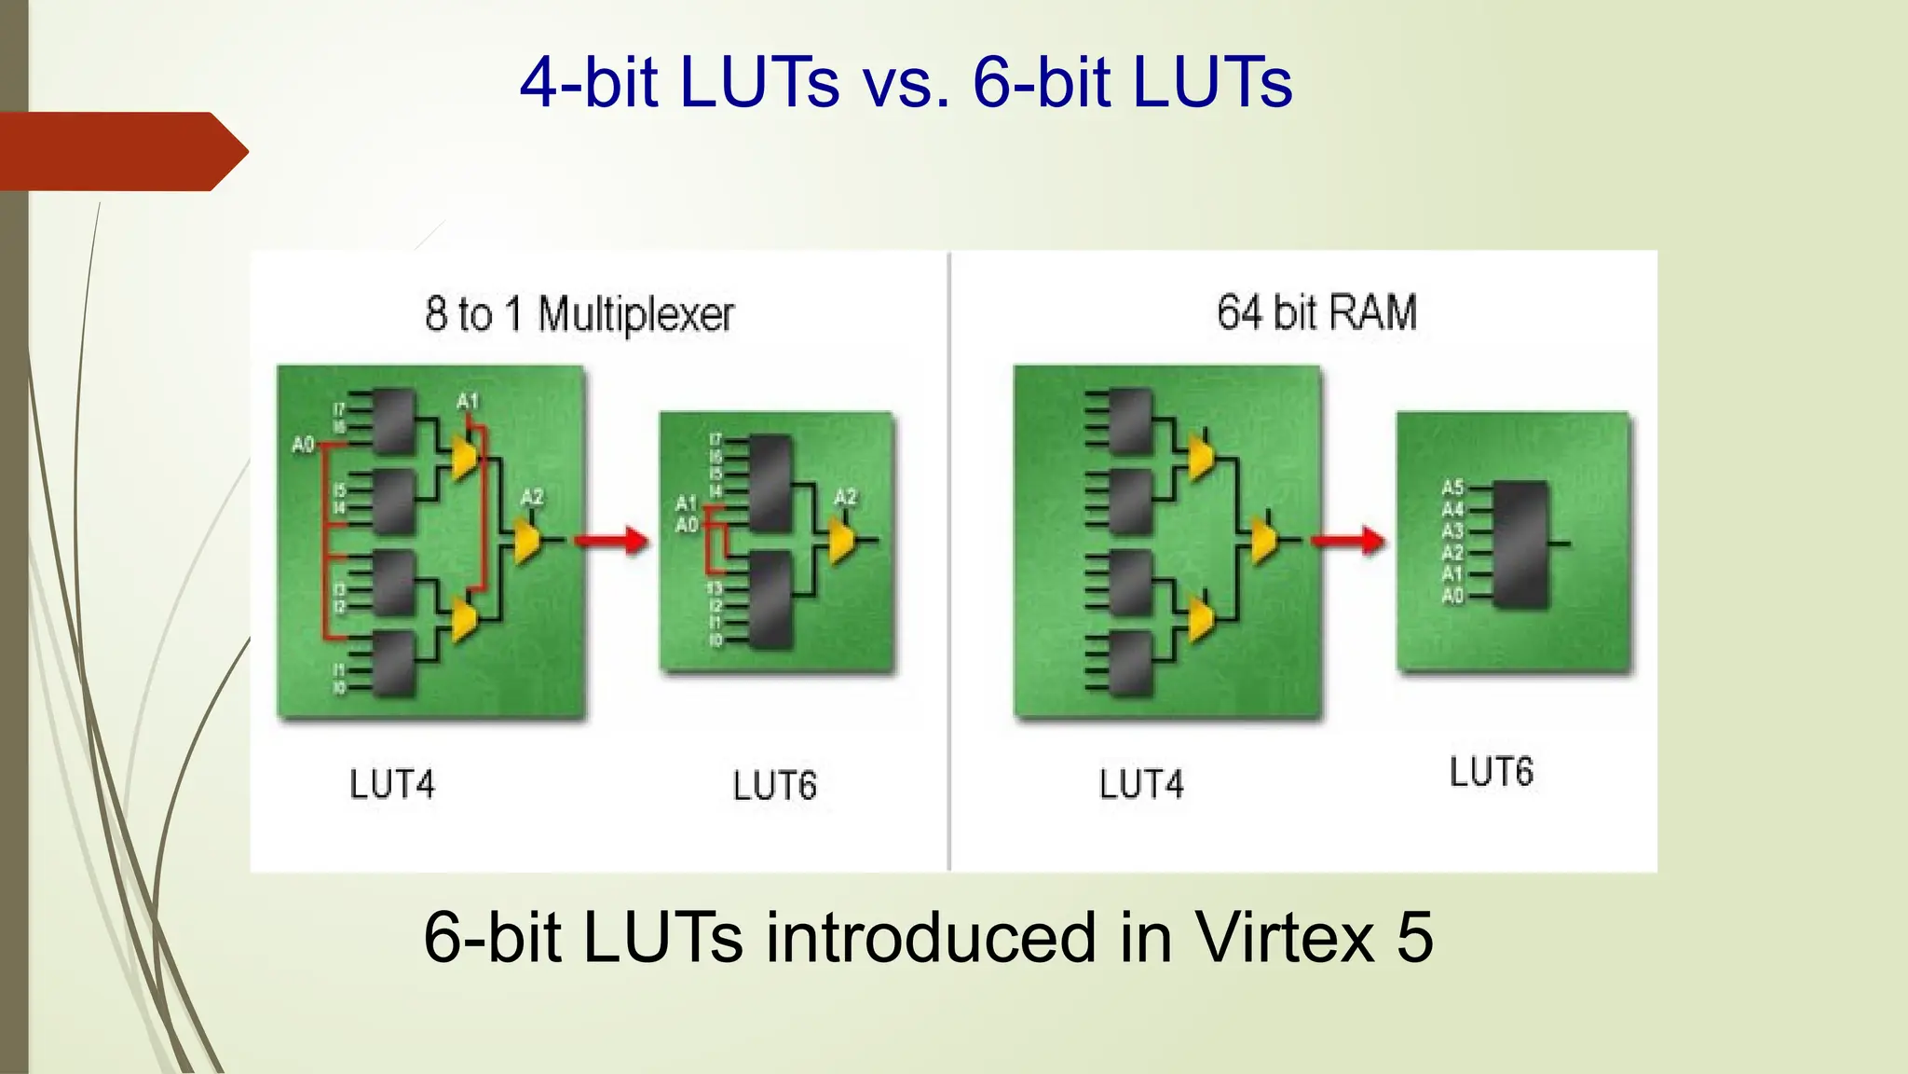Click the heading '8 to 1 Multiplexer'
pos(579,314)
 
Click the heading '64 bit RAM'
pos(1316,312)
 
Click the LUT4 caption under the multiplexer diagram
pos(392,785)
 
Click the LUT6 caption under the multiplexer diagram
pos(774,786)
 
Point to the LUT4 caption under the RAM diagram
pos(1141,785)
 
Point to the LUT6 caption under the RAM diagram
pos(1491,773)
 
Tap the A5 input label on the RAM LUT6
pos(1452,488)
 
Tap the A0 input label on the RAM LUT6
pos(1452,596)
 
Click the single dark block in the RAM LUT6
pos(1521,544)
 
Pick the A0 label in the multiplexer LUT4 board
pos(303,445)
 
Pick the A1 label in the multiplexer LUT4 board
pos(467,402)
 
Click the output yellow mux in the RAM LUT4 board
pos(1263,540)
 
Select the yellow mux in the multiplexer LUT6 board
pos(841,540)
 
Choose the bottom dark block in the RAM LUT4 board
pos(1130,664)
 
